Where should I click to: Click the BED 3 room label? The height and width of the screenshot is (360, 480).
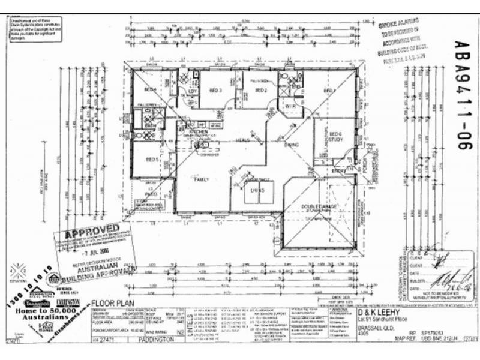pos(216,91)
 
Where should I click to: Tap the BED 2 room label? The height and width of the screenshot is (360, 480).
pos(260,91)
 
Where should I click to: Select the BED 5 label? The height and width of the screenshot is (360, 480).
pos(151,160)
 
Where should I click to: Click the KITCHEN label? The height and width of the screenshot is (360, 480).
pos(198,131)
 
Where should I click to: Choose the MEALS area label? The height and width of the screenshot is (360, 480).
pos(242,140)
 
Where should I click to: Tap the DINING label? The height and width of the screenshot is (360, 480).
pos(292,145)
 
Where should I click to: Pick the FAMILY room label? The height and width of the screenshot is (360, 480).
pos(200,179)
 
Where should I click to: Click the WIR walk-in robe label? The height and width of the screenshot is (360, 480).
pos(290,106)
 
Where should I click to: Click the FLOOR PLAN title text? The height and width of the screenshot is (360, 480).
pos(113,304)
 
